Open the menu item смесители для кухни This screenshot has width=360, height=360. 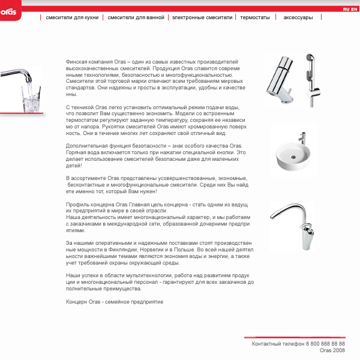(x=72, y=18)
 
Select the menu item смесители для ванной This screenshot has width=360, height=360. (x=136, y=18)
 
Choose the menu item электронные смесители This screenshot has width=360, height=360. (x=202, y=18)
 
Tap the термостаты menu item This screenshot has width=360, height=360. (x=255, y=18)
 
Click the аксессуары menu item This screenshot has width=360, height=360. (x=298, y=18)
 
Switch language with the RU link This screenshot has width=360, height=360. (x=346, y=10)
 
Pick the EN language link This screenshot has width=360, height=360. (x=354, y=10)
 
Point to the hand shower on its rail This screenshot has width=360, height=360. (x=311, y=78)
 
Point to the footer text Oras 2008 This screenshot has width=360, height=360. (x=332, y=350)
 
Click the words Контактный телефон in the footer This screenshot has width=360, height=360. (x=278, y=344)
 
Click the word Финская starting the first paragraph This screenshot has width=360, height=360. (x=77, y=62)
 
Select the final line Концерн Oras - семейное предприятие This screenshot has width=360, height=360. (x=115, y=302)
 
